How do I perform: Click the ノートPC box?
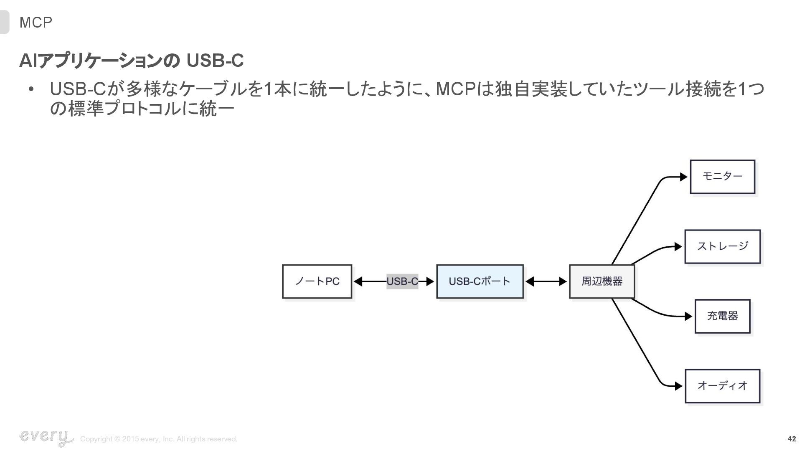(x=317, y=281)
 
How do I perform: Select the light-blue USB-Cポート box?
(x=480, y=281)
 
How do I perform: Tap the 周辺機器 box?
(x=602, y=281)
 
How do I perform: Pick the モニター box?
(x=722, y=177)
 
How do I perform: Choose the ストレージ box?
(x=722, y=246)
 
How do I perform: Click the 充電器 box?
(x=722, y=316)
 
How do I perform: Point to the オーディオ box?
(x=722, y=386)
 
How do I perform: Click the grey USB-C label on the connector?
(x=402, y=281)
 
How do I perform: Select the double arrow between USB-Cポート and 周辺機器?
(x=546, y=281)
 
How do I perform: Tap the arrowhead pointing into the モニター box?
(x=683, y=177)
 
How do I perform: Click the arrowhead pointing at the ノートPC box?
(x=358, y=281)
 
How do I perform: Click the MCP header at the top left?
(x=36, y=23)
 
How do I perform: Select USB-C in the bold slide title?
(x=215, y=61)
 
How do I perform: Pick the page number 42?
(x=792, y=439)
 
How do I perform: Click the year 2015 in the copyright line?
(x=130, y=439)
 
